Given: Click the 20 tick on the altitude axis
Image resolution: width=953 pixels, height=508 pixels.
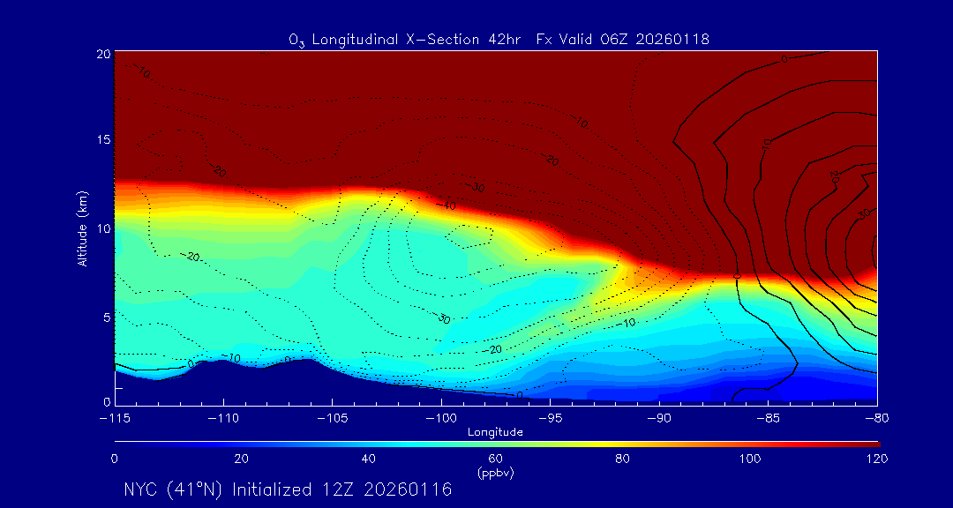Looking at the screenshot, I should [102, 54].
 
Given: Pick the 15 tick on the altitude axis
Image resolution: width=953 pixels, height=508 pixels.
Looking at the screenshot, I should [102, 140].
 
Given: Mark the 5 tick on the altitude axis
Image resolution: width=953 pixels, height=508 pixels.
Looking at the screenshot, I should [105, 316].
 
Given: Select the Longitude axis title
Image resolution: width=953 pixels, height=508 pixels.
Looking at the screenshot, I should [495, 432].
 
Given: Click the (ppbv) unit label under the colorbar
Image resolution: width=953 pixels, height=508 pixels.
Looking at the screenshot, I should [496, 472].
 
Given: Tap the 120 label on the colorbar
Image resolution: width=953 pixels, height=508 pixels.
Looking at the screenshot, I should [876, 459].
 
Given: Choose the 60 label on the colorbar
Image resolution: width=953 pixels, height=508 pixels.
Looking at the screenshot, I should [496, 459].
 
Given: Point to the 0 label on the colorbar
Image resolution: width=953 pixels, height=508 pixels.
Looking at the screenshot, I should [115, 459].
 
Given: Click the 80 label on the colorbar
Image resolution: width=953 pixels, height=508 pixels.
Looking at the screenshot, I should [623, 459].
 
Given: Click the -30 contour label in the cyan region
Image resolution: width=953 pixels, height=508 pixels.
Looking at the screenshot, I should [443, 318].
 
